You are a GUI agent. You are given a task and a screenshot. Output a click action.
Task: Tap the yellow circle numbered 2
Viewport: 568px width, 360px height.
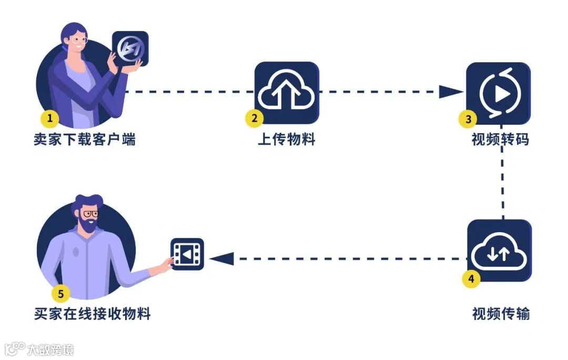[x=255, y=118]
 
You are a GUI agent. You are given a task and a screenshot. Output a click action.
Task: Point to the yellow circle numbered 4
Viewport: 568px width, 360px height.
[x=471, y=278]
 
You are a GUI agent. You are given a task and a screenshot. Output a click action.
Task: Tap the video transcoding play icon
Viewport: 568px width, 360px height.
[x=499, y=94]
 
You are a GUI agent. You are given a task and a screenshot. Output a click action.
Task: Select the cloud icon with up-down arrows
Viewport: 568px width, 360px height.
[x=499, y=251]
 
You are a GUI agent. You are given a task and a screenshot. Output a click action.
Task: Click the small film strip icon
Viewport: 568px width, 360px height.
[x=187, y=255]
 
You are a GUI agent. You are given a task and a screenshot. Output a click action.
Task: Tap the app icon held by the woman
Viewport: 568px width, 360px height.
[x=130, y=48]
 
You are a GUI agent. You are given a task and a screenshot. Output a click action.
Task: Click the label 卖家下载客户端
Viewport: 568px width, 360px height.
[x=85, y=140]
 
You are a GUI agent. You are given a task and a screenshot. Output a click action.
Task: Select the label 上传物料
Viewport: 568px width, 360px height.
[x=287, y=140]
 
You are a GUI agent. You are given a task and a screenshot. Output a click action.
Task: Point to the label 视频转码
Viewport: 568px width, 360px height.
[x=500, y=140]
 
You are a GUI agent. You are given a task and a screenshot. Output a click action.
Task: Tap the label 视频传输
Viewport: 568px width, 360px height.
[x=501, y=314]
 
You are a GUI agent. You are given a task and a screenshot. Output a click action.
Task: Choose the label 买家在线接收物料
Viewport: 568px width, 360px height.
[x=93, y=314]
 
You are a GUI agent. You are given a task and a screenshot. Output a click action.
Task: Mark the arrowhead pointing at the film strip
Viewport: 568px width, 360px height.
[x=221, y=258]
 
